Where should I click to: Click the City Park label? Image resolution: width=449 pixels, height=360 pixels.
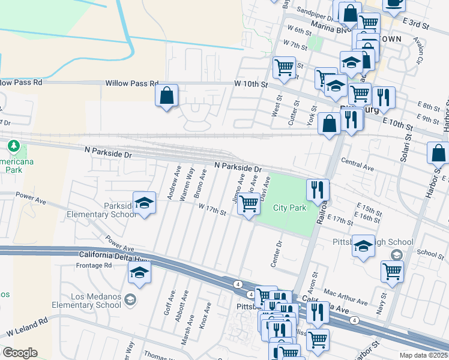click(289, 208)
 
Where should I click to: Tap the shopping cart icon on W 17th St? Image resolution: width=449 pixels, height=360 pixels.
click(249, 204)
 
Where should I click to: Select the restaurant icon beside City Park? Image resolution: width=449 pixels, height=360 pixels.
click(318, 190)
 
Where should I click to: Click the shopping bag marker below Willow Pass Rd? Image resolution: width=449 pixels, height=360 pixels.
click(167, 95)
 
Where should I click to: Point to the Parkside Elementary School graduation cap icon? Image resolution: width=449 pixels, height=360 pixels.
click(144, 204)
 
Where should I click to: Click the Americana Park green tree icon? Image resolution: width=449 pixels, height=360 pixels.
click(13, 145)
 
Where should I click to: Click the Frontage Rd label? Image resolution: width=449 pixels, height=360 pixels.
click(95, 265)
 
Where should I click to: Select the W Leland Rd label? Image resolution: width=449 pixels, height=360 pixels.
click(26, 328)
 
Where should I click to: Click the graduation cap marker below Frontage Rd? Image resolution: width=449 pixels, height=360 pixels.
click(139, 274)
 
